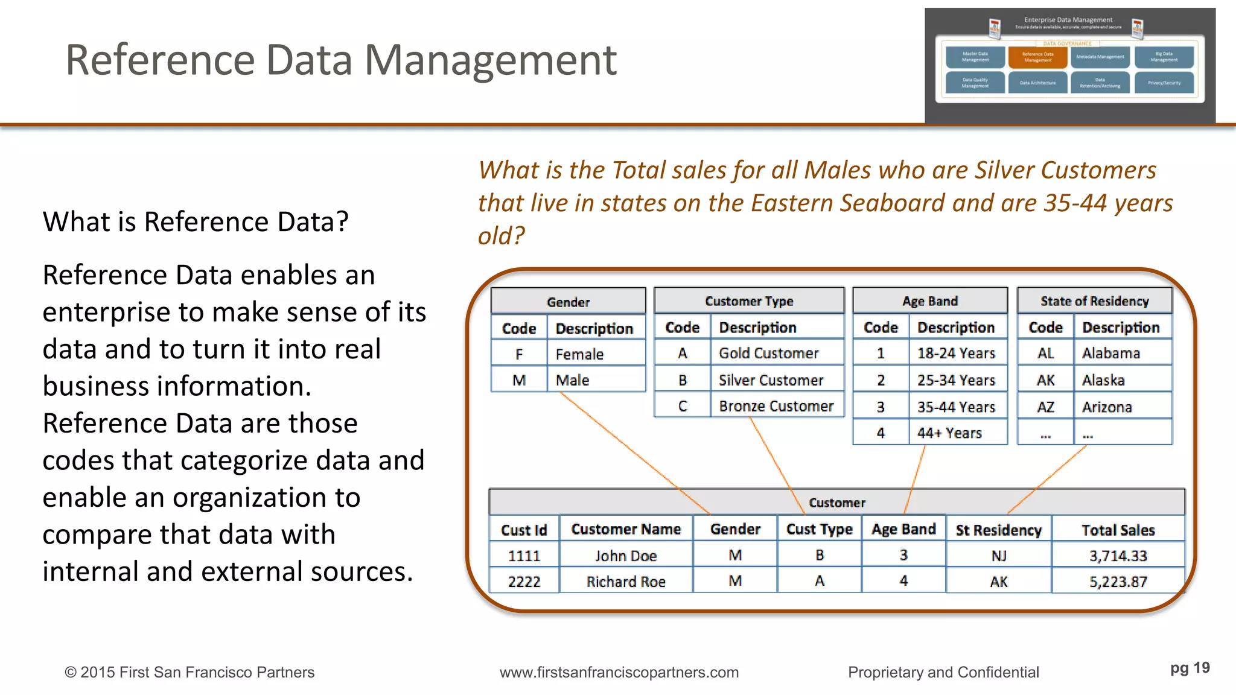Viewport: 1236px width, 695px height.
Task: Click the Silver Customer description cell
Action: [x=771, y=380]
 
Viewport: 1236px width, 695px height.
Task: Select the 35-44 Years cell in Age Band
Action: [x=956, y=407]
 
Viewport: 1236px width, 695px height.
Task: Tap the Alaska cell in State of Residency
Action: [x=1103, y=380]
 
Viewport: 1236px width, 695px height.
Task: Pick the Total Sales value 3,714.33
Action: [x=1118, y=556]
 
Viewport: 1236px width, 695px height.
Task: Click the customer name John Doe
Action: [x=626, y=556]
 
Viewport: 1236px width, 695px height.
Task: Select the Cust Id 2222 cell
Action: [x=524, y=582]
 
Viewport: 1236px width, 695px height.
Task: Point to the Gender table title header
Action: [x=568, y=302]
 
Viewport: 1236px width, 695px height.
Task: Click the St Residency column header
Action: [x=998, y=530]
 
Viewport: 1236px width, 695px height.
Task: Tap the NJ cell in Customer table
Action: [x=998, y=556]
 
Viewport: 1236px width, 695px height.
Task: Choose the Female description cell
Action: [x=579, y=354]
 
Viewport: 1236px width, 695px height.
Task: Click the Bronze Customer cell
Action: [x=776, y=406]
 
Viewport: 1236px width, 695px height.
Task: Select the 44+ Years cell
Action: [x=949, y=433]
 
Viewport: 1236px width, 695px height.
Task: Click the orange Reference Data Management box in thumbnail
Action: [x=1037, y=57]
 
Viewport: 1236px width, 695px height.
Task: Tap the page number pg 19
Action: [x=1190, y=668]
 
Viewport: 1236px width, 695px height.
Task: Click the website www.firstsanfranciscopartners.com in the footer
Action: [x=619, y=672]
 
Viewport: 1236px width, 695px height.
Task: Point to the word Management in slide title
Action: [x=490, y=60]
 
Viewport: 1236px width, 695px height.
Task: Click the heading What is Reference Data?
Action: [x=196, y=221]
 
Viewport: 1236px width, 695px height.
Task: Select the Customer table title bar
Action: [x=836, y=503]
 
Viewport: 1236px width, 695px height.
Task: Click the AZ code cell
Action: [x=1045, y=407]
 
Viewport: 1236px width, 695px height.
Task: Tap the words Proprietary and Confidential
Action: [x=943, y=672]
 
